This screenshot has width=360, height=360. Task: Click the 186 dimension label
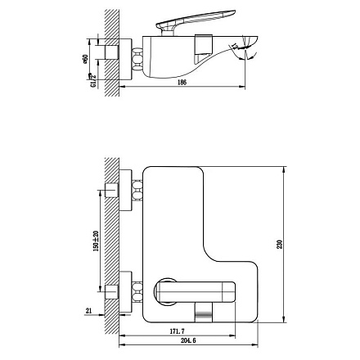tap(181, 83)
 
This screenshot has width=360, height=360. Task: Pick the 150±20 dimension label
tap(97, 241)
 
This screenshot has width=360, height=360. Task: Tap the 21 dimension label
tap(88, 310)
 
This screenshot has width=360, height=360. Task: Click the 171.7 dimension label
tap(176, 331)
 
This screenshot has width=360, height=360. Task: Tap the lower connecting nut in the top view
tap(136, 290)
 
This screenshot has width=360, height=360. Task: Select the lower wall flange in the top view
tap(124, 290)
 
